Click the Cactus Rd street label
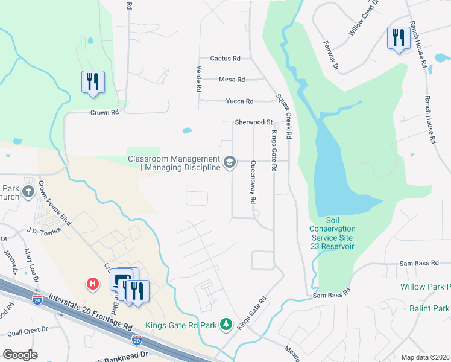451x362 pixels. pos(225,59)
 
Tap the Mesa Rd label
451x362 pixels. pos(232,80)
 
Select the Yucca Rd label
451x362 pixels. pos(239,101)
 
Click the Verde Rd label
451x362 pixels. pos(198,78)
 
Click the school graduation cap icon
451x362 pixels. pos(229,162)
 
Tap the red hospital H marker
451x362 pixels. pos(93,283)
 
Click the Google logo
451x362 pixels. pos(20,355)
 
